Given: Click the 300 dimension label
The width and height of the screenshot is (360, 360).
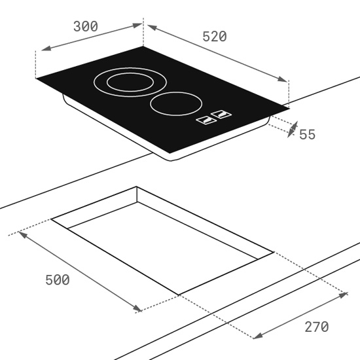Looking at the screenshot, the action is coord(86,26).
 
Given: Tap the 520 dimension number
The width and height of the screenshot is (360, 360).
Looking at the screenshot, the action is coord(215,37).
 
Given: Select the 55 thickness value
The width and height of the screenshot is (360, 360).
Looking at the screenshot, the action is coord(308,135).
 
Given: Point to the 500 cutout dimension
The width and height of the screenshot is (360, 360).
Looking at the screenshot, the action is coord(58,280).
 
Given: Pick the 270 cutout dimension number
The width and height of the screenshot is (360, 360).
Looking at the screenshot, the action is coord(317,327).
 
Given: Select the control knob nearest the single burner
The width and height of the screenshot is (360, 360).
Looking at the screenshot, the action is coord(221,114).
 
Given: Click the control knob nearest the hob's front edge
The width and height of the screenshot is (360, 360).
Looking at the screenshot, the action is coord(206,120).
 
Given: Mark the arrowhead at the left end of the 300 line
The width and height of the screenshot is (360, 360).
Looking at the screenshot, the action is coord(46,48).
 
